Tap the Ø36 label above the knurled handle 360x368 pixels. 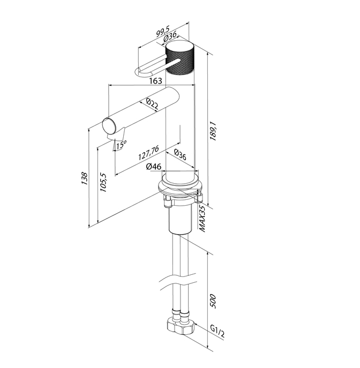pyautogui.click(x=171, y=37)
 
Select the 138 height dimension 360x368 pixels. pyautogui.click(x=84, y=178)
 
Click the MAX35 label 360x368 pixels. pyautogui.click(x=202, y=217)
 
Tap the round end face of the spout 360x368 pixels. pyautogui.click(x=109, y=127)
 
